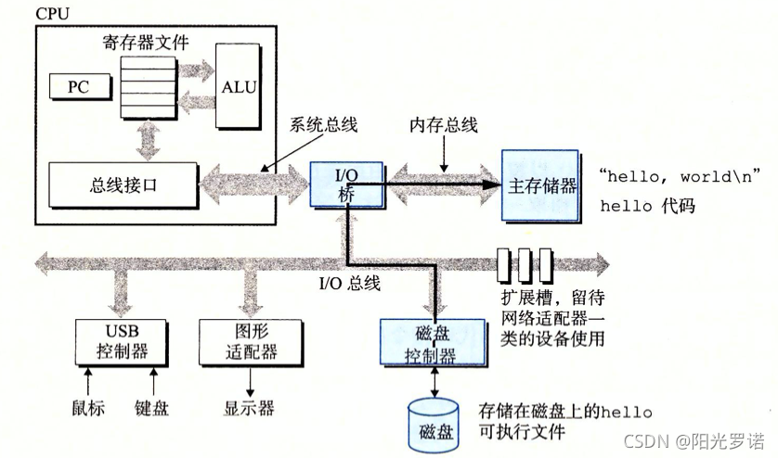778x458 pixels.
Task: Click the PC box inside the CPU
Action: tap(78, 87)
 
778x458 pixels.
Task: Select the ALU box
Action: tap(239, 86)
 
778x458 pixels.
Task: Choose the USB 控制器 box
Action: tap(122, 341)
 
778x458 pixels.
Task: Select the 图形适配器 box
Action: tap(251, 341)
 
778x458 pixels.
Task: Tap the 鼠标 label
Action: tap(89, 408)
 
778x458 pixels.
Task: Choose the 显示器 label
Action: tap(249, 408)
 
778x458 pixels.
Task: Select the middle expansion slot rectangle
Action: tap(525, 264)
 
